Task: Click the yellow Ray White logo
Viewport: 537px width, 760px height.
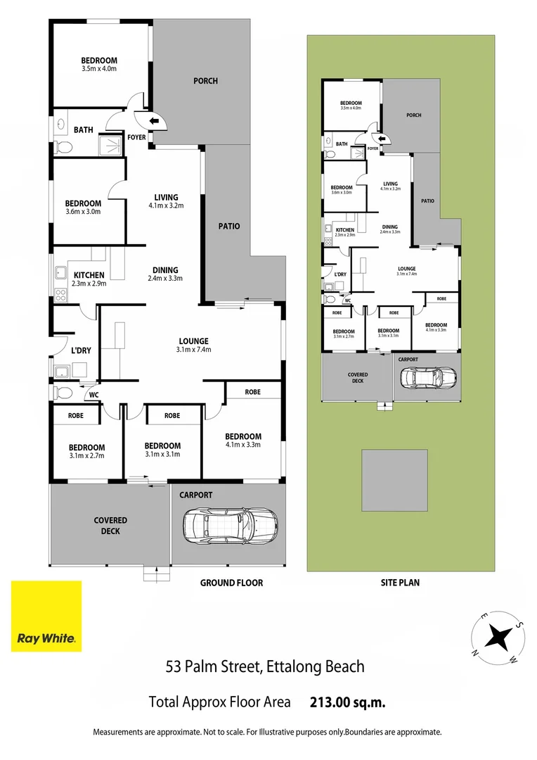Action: point(46,616)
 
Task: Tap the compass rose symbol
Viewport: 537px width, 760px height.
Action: point(498,637)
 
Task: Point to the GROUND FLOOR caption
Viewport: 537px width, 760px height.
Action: point(231,583)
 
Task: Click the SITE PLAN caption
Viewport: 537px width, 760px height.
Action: point(400,583)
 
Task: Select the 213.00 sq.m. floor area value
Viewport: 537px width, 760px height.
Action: point(347,702)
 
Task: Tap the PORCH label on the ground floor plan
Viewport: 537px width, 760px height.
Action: point(205,81)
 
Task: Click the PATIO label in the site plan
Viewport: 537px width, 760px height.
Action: point(427,201)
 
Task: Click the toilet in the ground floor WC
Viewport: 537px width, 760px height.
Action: point(61,392)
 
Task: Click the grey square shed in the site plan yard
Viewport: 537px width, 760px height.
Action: point(394,481)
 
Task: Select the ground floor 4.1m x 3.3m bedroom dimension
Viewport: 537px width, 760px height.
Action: point(243,445)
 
